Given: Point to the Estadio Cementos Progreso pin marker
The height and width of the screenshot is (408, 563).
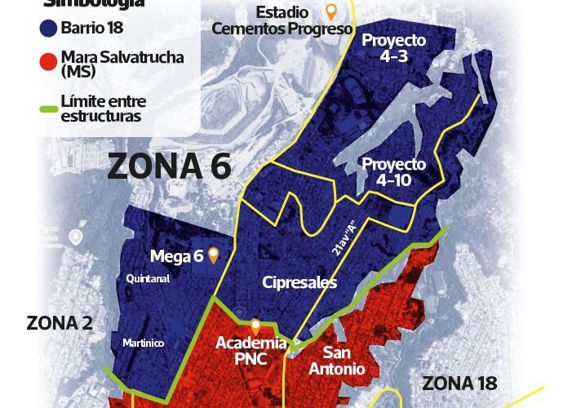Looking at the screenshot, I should tap(330, 11).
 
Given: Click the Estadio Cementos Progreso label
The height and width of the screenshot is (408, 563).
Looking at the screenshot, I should tap(282, 21).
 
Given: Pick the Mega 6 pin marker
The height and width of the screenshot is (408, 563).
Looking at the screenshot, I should tap(213, 255).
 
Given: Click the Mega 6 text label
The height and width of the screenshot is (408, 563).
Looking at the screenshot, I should tap(175, 257).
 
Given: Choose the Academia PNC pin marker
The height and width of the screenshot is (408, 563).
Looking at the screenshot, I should tap(255, 325).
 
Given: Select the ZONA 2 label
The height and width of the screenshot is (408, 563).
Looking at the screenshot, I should tap(59, 322).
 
